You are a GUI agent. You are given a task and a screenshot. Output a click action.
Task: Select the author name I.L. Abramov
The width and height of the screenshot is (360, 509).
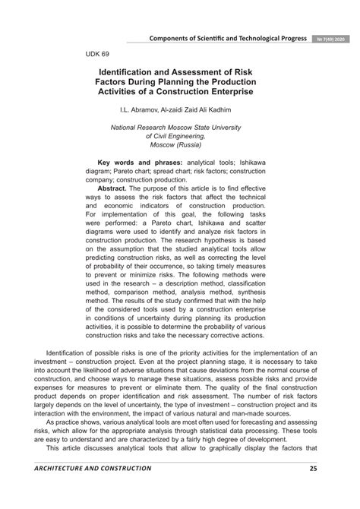[144, 111]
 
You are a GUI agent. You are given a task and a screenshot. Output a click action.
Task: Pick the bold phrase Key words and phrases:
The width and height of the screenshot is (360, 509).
[139, 162]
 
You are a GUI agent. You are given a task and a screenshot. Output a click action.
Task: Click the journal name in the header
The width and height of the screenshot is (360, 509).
[229, 39]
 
